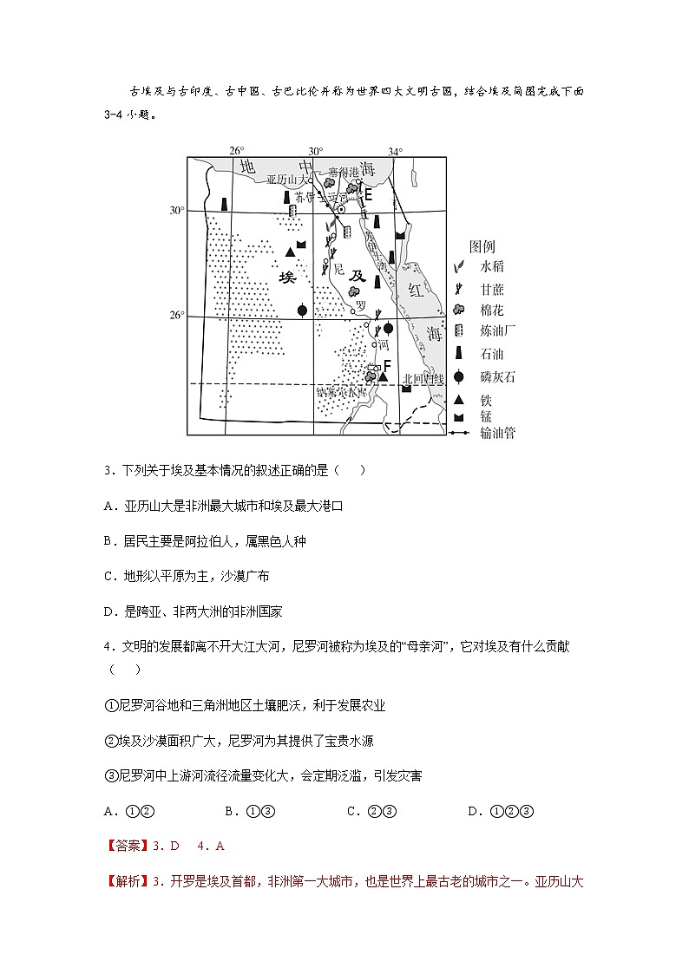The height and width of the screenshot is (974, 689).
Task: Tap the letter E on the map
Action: [x=368, y=195]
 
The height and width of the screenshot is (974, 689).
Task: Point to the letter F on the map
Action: [x=387, y=366]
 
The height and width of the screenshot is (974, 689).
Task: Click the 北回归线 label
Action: [x=423, y=379]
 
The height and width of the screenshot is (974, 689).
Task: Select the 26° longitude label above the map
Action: [x=236, y=151]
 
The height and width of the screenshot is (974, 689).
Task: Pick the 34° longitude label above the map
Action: [x=395, y=151]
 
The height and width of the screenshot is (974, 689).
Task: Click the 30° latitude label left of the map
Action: [x=177, y=211]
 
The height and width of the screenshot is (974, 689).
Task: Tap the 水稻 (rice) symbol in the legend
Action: [x=461, y=267]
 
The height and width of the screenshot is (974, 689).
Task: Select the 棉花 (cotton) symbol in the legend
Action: [x=461, y=310]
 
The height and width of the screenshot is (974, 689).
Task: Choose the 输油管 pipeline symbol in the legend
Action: [x=461, y=432]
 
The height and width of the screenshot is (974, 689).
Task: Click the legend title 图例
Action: [x=482, y=246]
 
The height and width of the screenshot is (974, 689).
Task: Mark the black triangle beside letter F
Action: [x=382, y=377]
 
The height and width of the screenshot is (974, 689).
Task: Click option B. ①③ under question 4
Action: [x=250, y=812]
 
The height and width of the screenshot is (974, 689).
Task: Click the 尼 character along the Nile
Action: [x=339, y=268]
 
